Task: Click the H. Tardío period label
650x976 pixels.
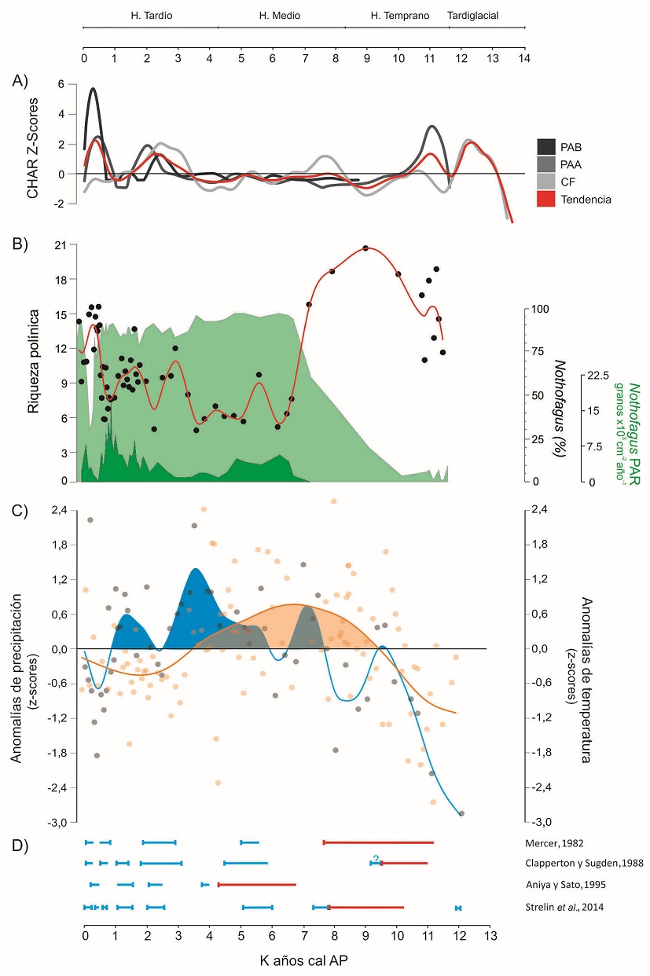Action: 151,15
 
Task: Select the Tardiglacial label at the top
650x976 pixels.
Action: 472,15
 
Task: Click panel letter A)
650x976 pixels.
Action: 20,79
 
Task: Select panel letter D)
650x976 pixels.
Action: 20,845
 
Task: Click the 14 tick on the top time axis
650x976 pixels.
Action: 524,58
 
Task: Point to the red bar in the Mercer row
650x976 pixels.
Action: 378,842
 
